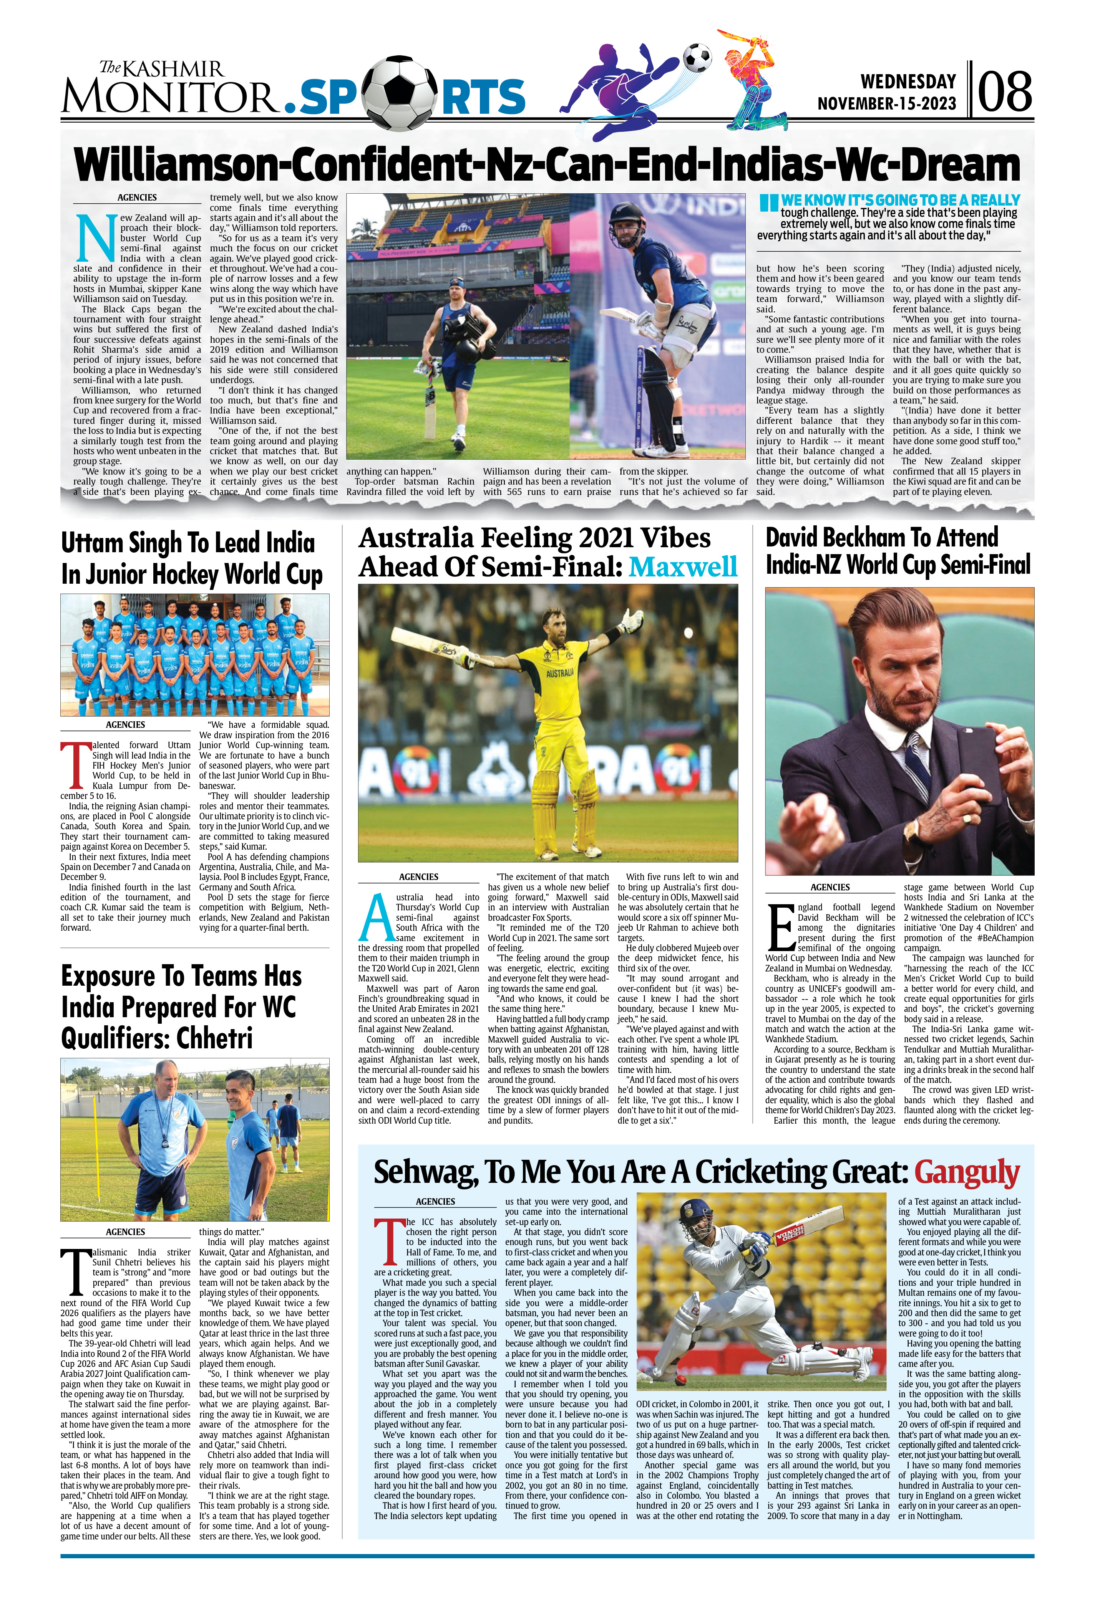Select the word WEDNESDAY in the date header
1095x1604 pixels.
(x=908, y=81)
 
